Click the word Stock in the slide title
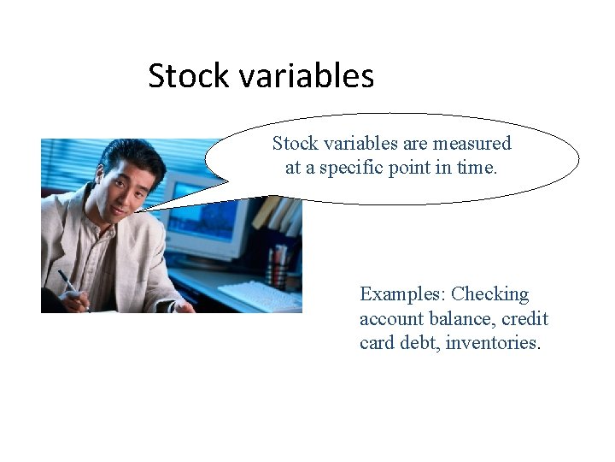pos(189,76)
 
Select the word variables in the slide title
pos(307,76)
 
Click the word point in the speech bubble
pos(409,168)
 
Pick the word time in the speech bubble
pos(476,168)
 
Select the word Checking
pos(490,295)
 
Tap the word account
pos(390,319)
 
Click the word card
pos(378,344)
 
